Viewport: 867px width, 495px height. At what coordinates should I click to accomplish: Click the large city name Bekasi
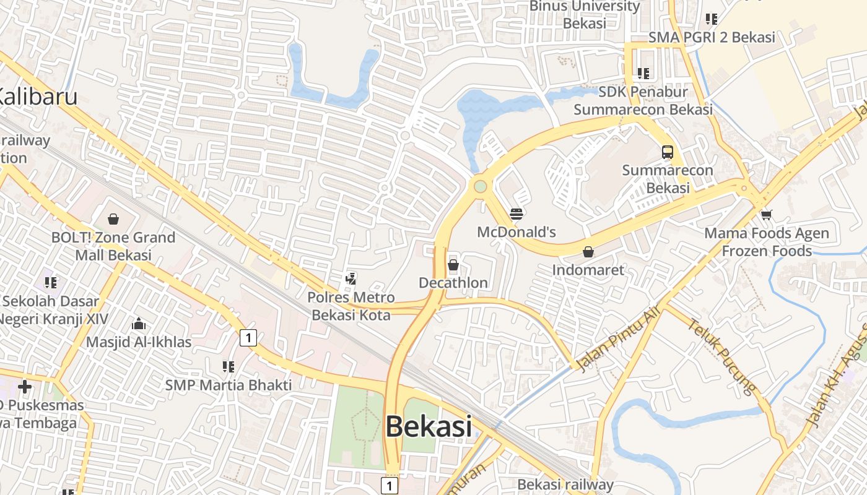coord(429,426)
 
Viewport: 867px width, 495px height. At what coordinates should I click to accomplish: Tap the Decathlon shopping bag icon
coord(453,265)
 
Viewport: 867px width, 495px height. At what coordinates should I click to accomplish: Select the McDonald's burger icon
coord(516,214)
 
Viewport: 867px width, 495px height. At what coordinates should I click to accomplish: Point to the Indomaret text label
coord(588,270)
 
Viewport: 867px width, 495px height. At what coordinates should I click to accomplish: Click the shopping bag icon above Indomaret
coord(588,252)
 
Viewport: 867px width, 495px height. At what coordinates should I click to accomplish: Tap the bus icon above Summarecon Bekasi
coord(667,152)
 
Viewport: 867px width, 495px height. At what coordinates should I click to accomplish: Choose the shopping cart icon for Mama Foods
coord(766,215)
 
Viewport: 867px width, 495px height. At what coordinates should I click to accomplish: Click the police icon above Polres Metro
coord(351,279)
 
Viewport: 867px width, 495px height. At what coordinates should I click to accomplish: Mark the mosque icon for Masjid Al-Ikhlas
coord(138,324)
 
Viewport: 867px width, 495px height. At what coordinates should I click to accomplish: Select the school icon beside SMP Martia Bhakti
coord(228,367)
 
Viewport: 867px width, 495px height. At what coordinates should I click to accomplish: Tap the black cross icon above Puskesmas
coord(25,387)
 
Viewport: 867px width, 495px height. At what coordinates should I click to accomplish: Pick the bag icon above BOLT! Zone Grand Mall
coord(113,218)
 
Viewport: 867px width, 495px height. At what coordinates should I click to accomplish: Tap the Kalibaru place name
coord(37,97)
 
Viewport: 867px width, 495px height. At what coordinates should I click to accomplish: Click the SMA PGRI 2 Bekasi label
coord(712,37)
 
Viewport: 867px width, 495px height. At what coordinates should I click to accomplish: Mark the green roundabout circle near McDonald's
coord(480,186)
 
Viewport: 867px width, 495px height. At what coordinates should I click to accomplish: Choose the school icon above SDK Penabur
coord(643,74)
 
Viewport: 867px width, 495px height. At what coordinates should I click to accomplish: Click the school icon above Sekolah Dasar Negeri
coord(51,283)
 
